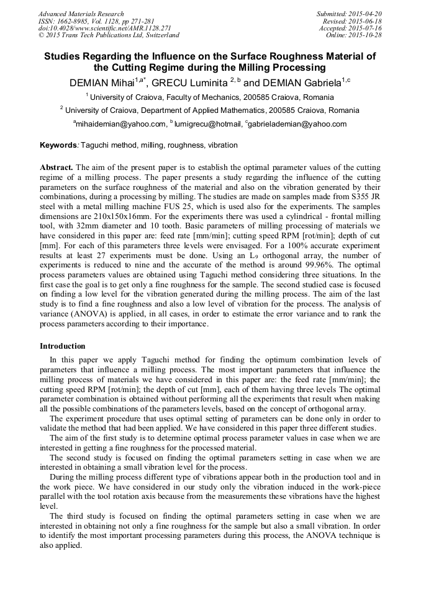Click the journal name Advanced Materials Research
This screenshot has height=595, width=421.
[81, 14]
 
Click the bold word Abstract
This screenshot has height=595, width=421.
[57, 168]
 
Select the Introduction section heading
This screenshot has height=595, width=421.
[63, 346]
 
